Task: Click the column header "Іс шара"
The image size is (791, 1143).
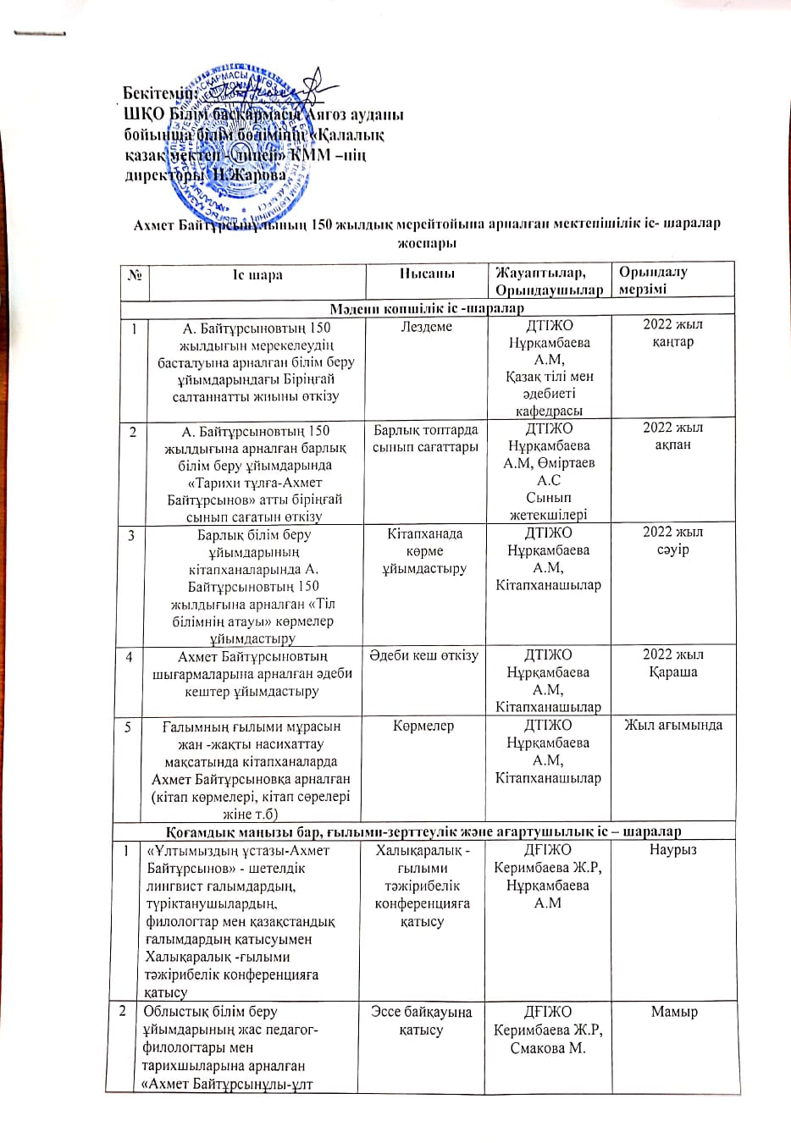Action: pos(257,275)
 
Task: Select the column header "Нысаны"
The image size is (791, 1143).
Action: pos(427,273)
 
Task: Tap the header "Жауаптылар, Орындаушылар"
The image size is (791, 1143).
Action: pos(550,281)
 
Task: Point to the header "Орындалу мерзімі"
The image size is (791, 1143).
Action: pos(653,280)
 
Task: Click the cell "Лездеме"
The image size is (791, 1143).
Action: pos(427,327)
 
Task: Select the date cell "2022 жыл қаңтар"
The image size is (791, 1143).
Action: pos(673,333)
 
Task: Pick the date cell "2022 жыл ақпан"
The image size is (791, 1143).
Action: pos(673,436)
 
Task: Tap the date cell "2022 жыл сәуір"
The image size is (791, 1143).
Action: pos(673,540)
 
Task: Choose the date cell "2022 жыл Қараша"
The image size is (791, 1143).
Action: pos(673,663)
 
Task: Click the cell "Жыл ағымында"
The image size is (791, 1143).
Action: pos(673,725)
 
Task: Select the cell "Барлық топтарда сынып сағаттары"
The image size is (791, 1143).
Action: pos(426,439)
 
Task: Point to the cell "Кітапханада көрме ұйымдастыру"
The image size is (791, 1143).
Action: pos(424,551)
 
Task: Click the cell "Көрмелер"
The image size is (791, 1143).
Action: pos(423,726)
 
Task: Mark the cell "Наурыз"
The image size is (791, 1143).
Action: pos(673,849)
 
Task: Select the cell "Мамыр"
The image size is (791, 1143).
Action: pos(674,1012)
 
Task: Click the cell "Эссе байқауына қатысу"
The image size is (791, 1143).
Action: pos(422,1020)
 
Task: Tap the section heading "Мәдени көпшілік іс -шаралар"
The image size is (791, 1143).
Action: pos(427,308)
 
